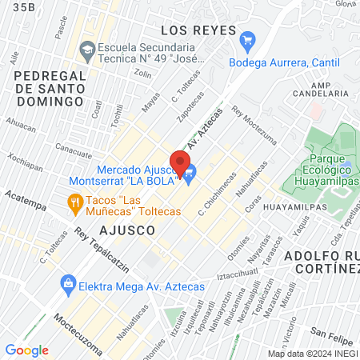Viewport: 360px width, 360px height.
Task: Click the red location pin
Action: pos(180,160)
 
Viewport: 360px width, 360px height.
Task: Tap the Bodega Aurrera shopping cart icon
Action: pos(247,39)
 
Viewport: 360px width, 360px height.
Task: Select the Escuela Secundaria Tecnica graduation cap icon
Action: pos(86,52)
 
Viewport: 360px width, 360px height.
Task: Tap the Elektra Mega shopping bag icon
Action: pos(67,283)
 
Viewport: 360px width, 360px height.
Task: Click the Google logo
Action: pos(26,350)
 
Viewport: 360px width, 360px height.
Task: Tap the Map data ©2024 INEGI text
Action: pos(311,354)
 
